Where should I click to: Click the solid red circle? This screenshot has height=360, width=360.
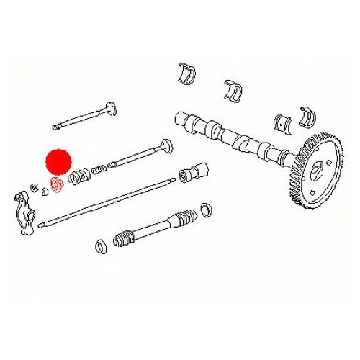[58, 161]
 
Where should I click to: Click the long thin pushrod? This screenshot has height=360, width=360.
[108, 200]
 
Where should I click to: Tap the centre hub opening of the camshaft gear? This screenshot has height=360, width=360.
[318, 171]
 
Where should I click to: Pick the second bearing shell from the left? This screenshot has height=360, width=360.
[232, 91]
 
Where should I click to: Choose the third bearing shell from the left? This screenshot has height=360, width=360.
[280, 122]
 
